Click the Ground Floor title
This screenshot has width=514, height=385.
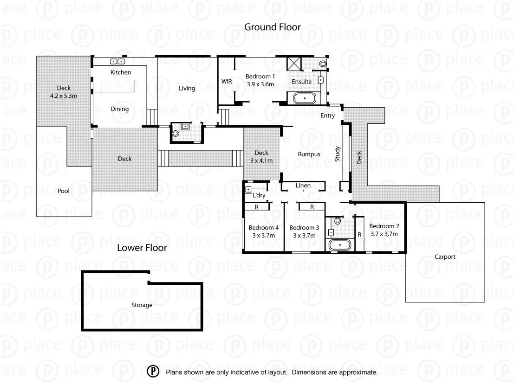[x=272, y=27]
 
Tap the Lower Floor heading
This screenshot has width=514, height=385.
[x=142, y=248]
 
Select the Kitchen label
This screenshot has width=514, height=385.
[x=121, y=72]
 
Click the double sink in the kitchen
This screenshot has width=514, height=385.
[x=117, y=61]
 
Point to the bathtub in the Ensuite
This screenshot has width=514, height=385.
[x=304, y=98]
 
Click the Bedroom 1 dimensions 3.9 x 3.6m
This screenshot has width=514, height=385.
[x=260, y=84]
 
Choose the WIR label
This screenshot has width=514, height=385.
[x=227, y=81]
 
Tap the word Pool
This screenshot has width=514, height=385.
[x=64, y=191]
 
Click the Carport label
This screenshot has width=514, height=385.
[x=445, y=257]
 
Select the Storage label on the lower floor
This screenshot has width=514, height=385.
[x=142, y=305]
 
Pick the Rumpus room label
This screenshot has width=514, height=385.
[x=309, y=154]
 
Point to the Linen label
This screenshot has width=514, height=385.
[x=303, y=186]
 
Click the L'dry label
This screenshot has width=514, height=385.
[x=259, y=195]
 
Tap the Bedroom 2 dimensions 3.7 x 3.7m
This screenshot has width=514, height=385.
[x=384, y=234]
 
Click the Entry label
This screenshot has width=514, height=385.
[x=327, y=116]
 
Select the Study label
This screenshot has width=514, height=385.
[x=338, y=154]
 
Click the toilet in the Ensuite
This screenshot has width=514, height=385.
[x=323, y=63]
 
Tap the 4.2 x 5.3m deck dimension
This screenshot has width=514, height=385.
[x=64, y=96]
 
